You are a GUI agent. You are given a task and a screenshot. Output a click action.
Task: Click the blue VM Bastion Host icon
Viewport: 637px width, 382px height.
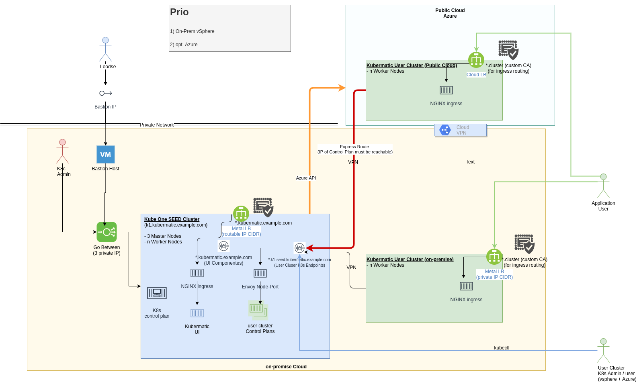click(x=105, y=155)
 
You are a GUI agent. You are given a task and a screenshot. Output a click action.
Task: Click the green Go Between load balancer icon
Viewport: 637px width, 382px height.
click(x=107, y=232)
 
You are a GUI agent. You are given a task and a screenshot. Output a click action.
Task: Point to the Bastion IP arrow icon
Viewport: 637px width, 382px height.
click(x=105, y=93)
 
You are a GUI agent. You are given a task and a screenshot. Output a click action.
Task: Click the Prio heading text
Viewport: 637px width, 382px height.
click(x=179, y=12)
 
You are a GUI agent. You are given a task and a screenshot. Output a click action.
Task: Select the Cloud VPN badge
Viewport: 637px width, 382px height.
click(x=460, y=130)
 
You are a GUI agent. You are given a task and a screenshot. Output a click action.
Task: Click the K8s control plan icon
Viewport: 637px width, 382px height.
click(x=157, y=293)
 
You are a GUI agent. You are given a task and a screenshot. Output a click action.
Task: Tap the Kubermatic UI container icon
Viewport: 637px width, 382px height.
click(x=197, y=313)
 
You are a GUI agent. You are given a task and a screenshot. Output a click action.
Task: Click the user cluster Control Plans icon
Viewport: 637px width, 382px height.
click(x=258, y=309)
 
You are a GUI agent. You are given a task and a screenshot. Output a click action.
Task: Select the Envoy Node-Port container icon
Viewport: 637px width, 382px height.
click(x=260, y=274)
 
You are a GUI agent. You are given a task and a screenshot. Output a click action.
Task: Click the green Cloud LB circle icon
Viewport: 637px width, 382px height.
click(x=476, y=60)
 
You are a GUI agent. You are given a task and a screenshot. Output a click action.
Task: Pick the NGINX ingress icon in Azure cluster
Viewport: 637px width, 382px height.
click(x=446, y=90)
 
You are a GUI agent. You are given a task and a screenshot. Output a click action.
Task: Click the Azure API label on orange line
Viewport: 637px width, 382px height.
click(x=306, y=178)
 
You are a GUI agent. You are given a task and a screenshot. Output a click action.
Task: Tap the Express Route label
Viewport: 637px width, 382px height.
click(x=354, y=147)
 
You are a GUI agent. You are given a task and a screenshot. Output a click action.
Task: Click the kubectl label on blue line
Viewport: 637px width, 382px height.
click(x=502, y=348)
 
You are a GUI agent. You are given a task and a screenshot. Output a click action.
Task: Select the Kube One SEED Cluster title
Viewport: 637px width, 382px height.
click(x=172, y=219)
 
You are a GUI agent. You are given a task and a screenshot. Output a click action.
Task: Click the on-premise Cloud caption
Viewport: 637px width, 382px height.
click(x=286, y=367)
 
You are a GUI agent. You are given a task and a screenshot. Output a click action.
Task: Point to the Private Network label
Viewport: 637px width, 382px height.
click(x=157, y=125)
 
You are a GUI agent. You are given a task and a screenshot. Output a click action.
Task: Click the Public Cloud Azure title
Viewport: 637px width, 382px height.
click(x=450, y=13)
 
